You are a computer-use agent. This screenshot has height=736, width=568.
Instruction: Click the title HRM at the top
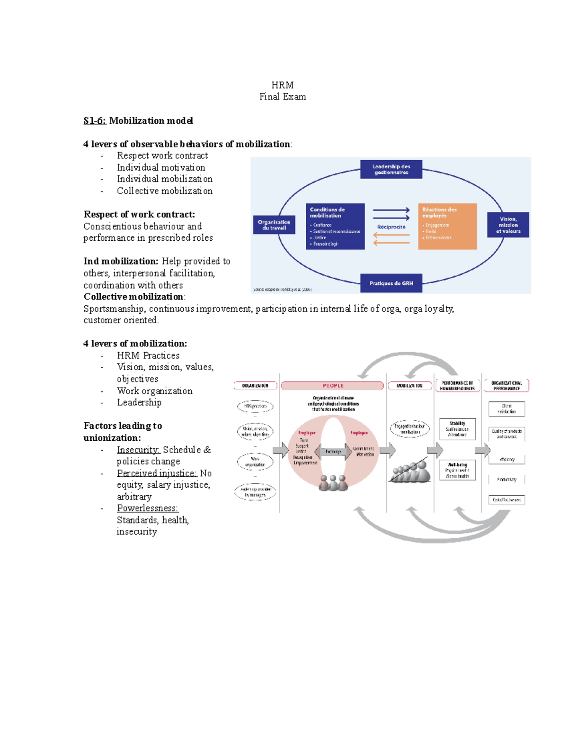(x=283, y=85)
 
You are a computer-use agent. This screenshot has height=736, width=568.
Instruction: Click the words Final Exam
(x=283, y=97)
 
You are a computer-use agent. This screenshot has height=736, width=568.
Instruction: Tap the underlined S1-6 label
(x=95, y=121)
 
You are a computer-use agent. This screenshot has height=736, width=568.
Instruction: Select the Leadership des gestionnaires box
(x=391, y=170)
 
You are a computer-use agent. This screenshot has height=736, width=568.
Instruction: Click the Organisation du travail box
(x=274, y=225)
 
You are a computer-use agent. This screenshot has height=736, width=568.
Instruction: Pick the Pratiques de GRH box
(x=391, y=283)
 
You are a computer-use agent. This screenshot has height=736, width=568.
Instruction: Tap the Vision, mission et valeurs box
(x=508, y=225)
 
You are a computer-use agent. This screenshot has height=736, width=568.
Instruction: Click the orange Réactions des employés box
(x=447, y=226)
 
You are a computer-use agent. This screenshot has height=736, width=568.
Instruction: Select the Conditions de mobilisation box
(x=335, y=226)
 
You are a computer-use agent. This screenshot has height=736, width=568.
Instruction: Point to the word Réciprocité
(x=391, y=227)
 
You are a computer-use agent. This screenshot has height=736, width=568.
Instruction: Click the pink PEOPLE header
(x=333, y=386)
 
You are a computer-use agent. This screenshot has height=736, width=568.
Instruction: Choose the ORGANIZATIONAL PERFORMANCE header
(x=506, y=386)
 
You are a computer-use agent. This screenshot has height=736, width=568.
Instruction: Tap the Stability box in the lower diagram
(x=457, y=429)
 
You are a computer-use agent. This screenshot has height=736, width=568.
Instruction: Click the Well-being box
(x=457, y=470)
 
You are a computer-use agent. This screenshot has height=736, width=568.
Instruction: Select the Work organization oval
(x=255, y=462)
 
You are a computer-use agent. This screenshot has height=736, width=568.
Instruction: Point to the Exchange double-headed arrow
(x=333, y=451)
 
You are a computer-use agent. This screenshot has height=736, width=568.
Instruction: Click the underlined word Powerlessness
(x=147, y=509)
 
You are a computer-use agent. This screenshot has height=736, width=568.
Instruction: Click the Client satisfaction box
(x=506, y=409)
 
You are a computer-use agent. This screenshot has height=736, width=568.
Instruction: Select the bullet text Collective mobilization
(x=165, y=191)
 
